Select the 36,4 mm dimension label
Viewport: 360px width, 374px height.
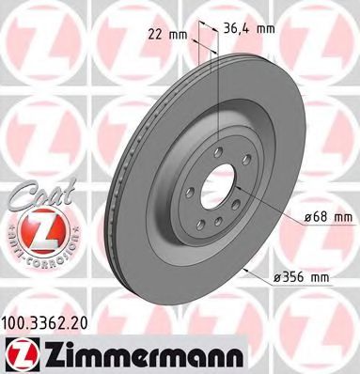coord(249,27)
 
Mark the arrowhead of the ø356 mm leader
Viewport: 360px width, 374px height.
coord(246,269)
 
